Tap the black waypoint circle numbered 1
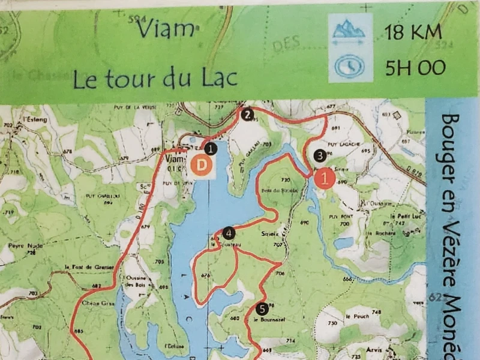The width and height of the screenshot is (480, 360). (210, 148)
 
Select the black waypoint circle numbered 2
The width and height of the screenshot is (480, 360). (248, 113)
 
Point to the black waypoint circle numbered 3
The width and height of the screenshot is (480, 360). (320, 155)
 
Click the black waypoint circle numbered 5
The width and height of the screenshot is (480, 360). (261, 310)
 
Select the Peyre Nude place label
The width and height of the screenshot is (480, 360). (23, 247)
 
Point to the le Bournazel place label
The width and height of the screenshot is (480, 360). (269, 320)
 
